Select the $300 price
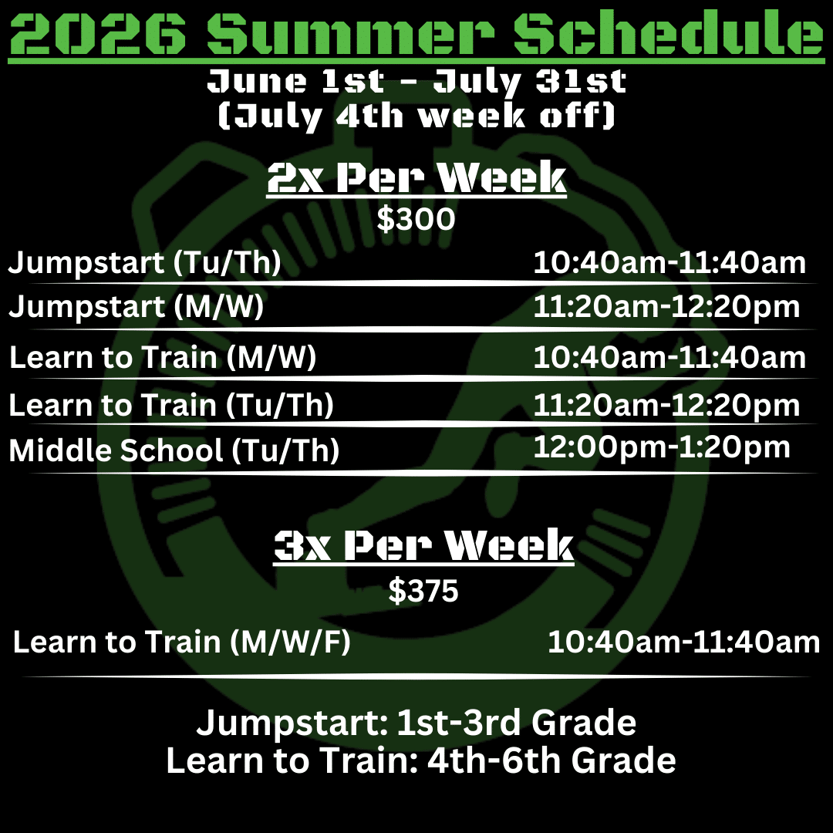point(416,219)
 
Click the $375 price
point(423,591)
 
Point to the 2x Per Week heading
point(416,177)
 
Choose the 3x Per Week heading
point(423,545)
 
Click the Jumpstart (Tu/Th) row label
point(144,262)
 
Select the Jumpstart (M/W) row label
point(136,307)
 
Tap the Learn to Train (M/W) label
point(163,357)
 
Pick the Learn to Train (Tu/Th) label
point(171,406)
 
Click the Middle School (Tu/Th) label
point(174,450)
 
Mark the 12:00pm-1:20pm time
point(662,447)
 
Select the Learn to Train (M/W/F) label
point(182,642)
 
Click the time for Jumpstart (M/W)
point(666,307)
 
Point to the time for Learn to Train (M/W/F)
point(683,642)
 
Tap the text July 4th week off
point(417,115)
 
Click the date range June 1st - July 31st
point(416,81)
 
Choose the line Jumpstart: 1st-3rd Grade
point(416,723)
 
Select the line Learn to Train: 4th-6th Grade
point(421,760)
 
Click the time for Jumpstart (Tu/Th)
point(669,262)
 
